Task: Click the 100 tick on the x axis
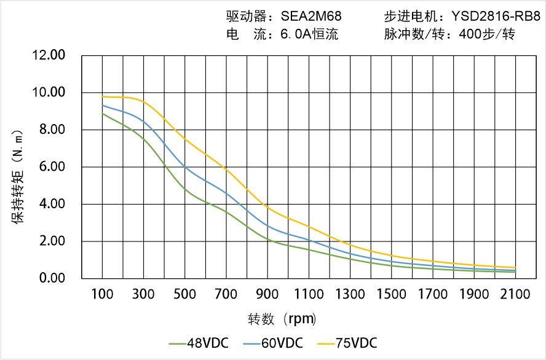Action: [x=102, y=295]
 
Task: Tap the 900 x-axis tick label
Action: [x=267, y=295]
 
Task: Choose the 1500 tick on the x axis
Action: [x=391, y=295]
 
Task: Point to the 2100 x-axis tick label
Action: [x=515, y=295]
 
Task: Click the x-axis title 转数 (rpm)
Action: [x=282, y=319]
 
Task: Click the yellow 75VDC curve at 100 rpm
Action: [x=102, y=96]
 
